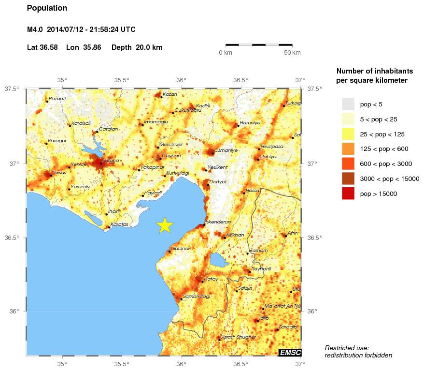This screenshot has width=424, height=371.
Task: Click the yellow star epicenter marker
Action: point(165,225)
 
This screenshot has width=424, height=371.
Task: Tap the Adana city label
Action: point(109,161)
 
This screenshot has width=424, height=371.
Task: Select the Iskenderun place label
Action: point(218,222)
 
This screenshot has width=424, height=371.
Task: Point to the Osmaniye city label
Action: point(226,150)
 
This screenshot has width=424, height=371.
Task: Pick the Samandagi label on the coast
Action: point(197,296)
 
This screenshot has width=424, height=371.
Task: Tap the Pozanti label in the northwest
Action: point(57,98)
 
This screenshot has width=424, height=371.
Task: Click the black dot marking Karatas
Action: point(109,227)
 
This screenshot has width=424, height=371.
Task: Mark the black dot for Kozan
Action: point(161,97)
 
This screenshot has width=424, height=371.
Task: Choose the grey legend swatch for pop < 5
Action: point(348,104)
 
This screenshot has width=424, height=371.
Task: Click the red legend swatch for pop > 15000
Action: point(348,193)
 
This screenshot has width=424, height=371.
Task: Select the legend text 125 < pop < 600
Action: point(384,149)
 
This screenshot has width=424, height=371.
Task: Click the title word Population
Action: point(47,8)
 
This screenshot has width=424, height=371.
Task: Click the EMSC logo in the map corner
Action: point(290,353)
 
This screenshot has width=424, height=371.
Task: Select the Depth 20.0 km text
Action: point(137,47)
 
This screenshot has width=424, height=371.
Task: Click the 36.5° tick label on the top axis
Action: point(240,80)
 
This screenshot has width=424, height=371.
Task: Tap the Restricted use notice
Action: point(358,352)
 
